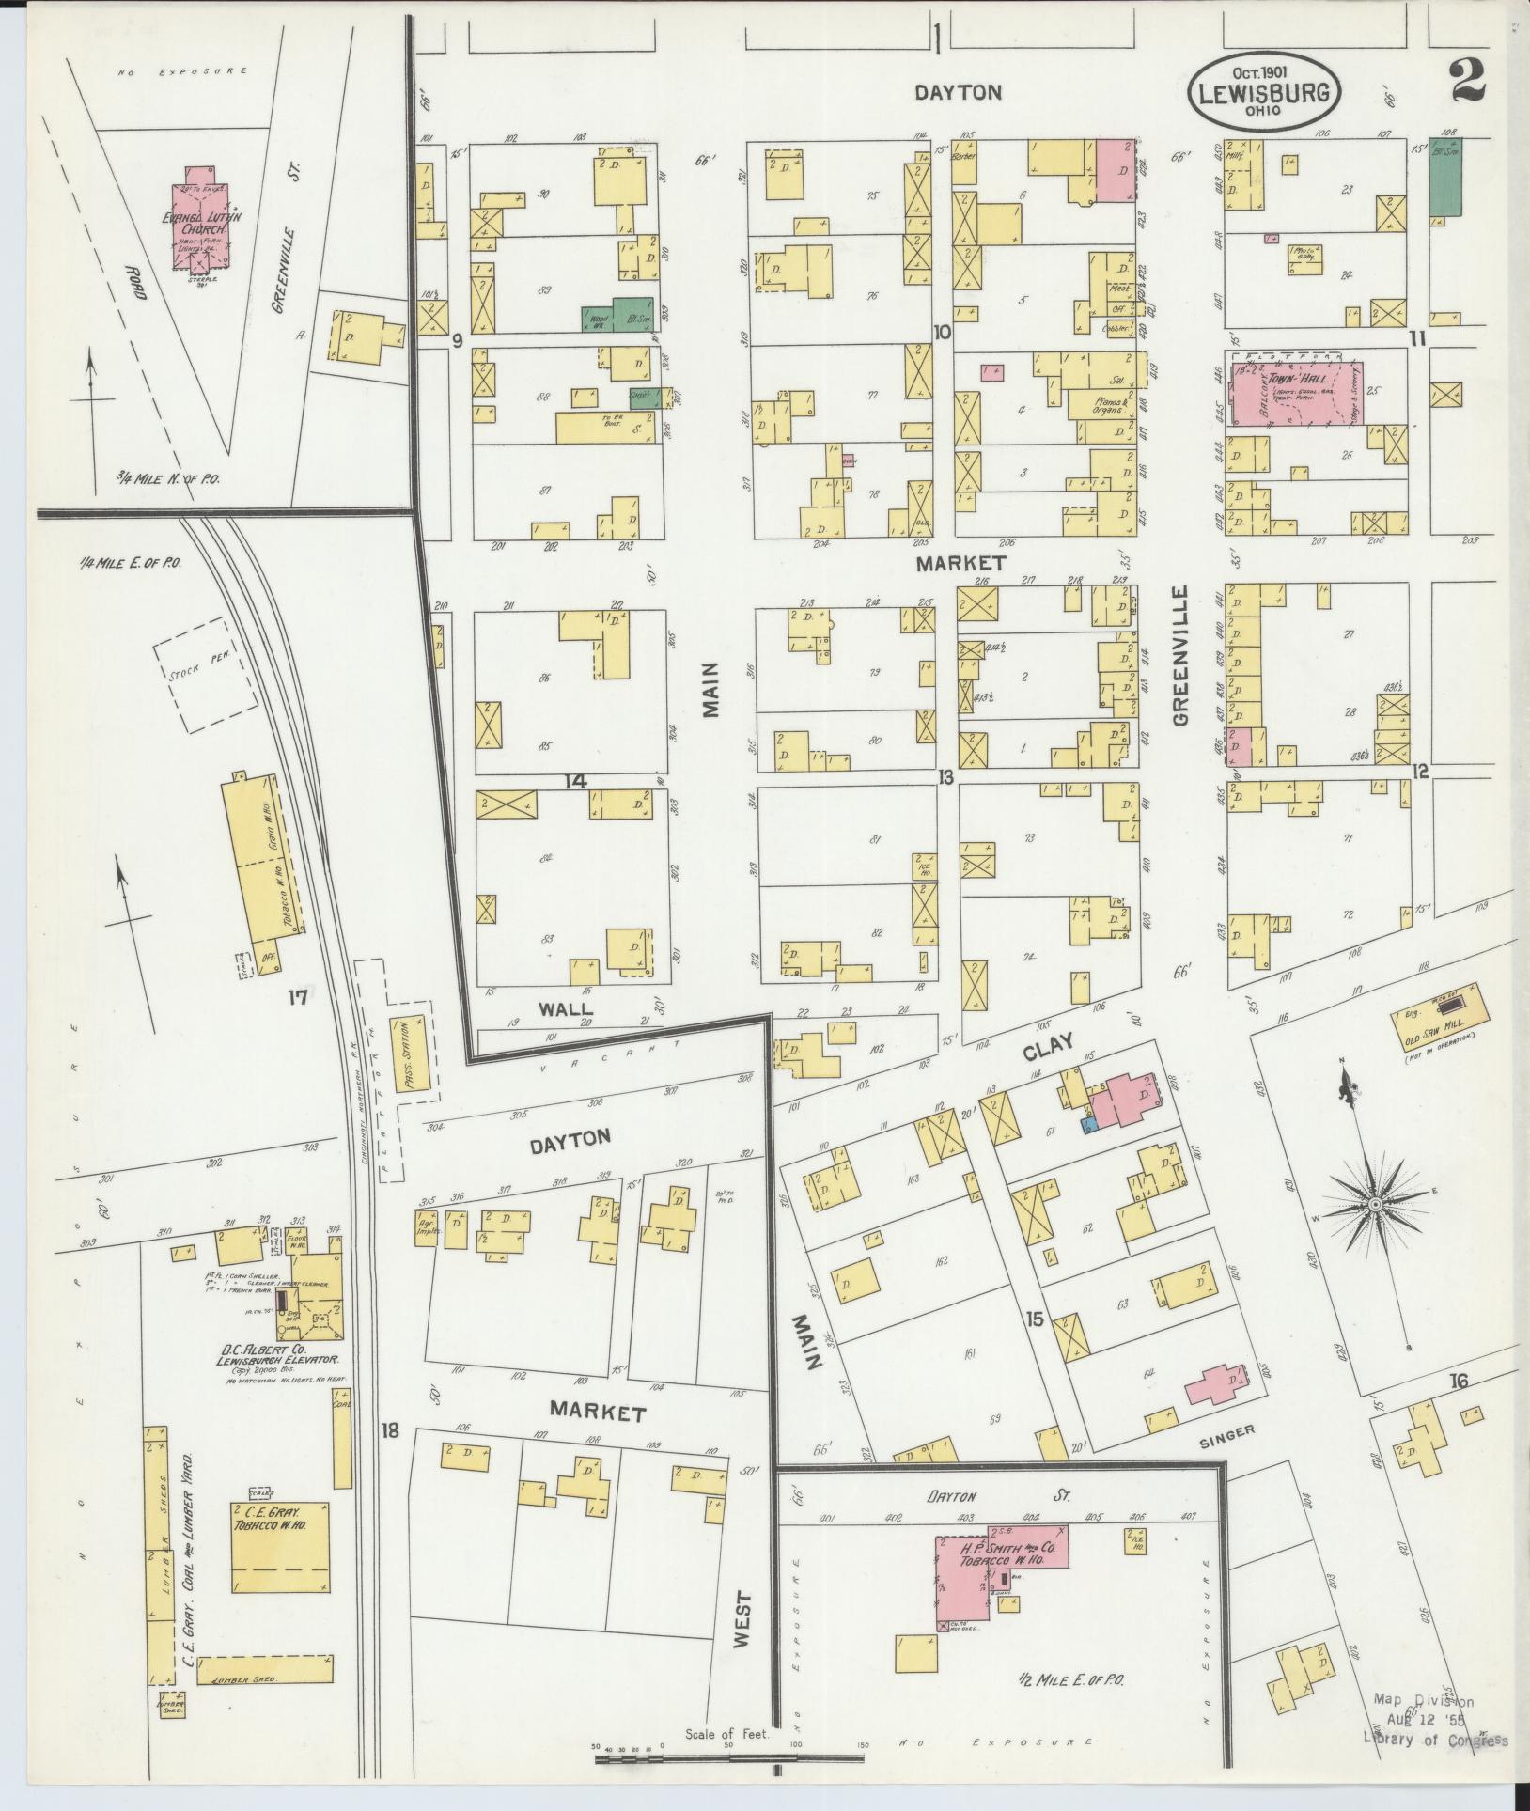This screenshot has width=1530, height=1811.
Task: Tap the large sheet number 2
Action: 1468,79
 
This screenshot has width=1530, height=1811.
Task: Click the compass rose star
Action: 1374,1204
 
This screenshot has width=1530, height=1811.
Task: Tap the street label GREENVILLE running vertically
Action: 1180,655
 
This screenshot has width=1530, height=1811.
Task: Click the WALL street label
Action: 566,1007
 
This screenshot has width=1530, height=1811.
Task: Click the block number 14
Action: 575,781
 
